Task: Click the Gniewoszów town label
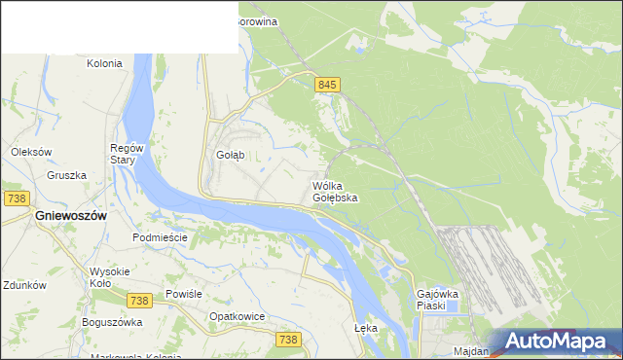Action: pyautogui.click(x=70, y=215)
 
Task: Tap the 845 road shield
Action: pyautogui.click(x=327, y=86)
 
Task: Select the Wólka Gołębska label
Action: pyautogui.click(x=335, y=192)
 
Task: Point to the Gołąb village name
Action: pyautogui.click(x=230, y=155)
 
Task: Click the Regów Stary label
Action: pyautogui.click(x=127, y=154)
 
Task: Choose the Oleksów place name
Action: pyautogui.click(x=31, y=152)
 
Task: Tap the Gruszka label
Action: pyautogui.click(x=66, y=175)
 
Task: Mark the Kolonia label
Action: pyautogui.click(x=104, y=63)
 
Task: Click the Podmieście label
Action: pyautogui.click(x=159, y=237)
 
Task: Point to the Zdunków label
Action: pyautogui.click(x=25, y=286)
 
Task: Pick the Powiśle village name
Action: pyautogui.click(x=183, y=293)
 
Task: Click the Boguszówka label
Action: pyautogui.click(x=113, y=322)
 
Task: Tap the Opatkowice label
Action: pyautogui.click(x=238, y=316)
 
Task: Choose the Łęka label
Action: pyautogui.click(x=365, y=328)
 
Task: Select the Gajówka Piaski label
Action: pyautogui.click(x=437, y=299)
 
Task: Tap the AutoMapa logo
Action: pyautogui.click(x=554, y=342)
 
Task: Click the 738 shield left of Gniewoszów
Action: pyautogui.click(x=16, y=198)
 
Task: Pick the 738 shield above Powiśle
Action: pyautogui.click(x=140, y=275)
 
